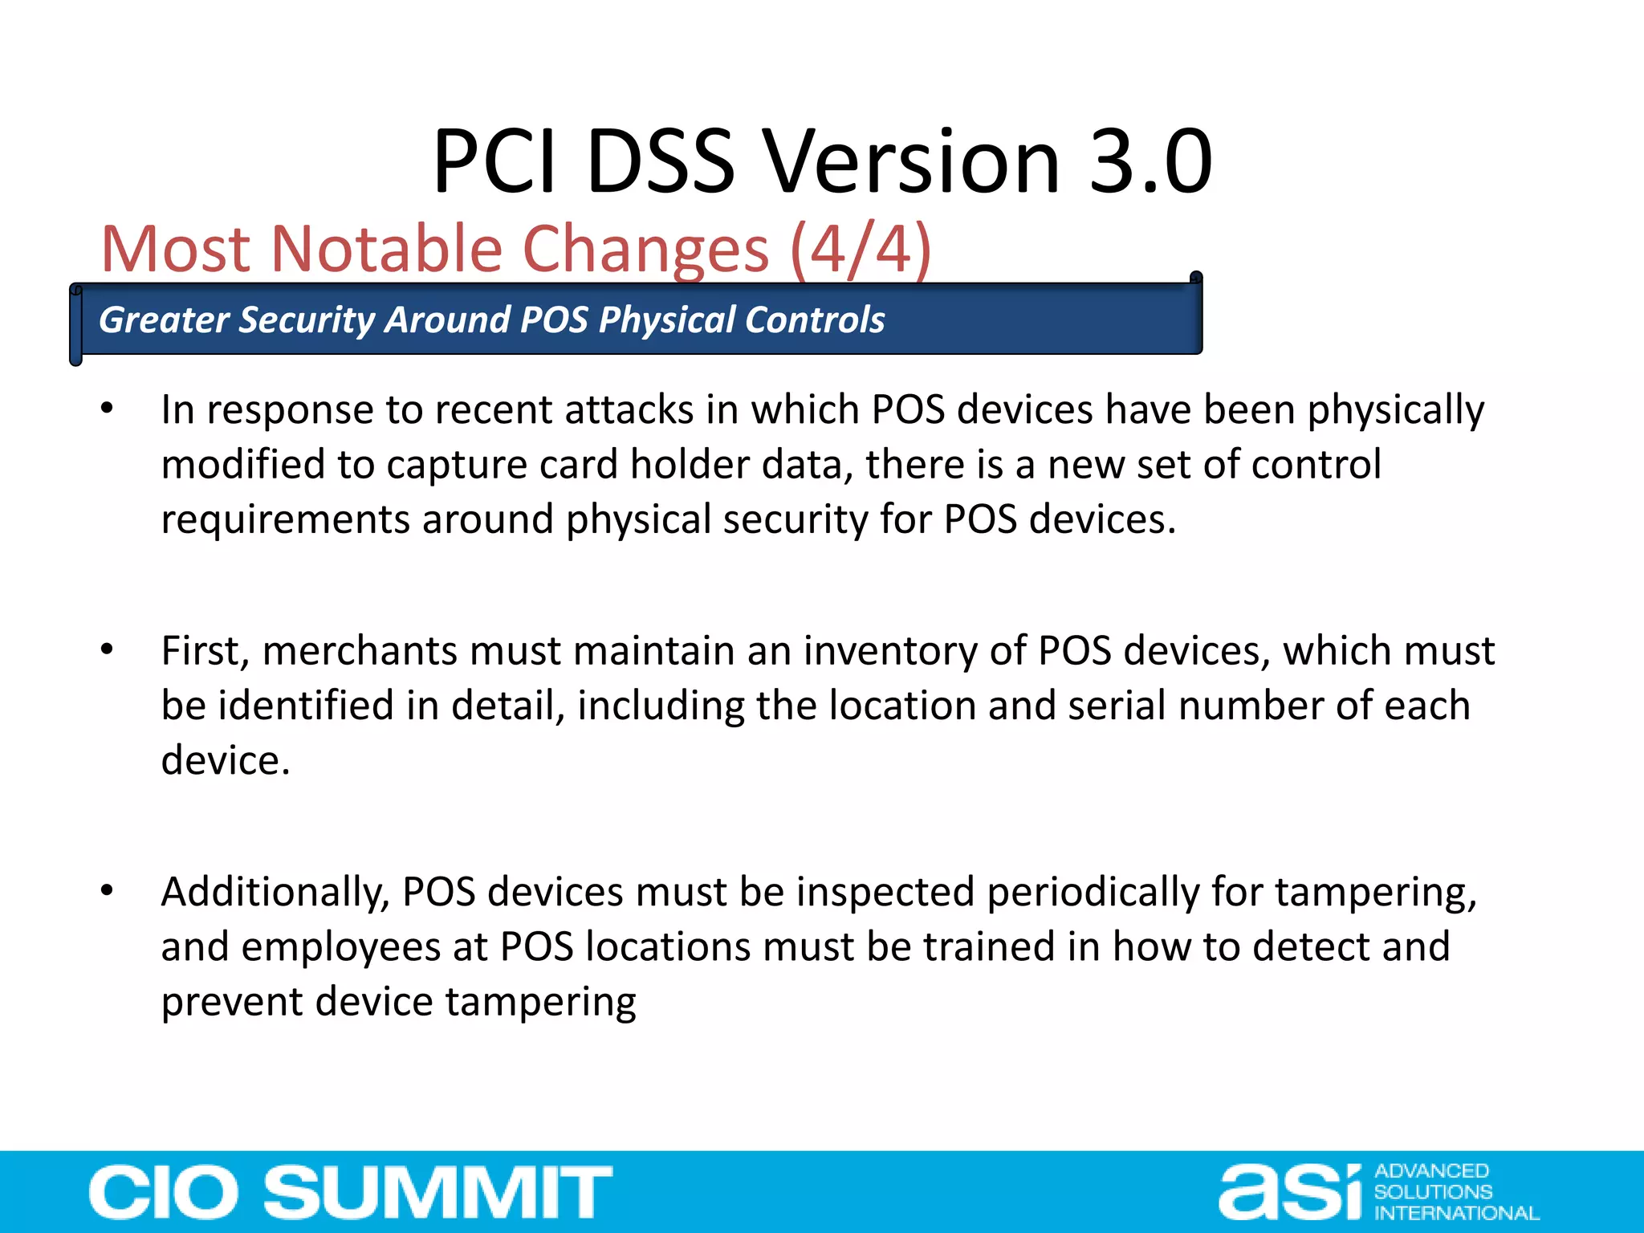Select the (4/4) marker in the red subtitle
[861, 250]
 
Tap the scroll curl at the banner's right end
[1195, 279]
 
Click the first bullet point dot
[107, 409]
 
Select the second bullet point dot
[107, 650]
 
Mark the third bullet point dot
[107, 891]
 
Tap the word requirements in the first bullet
[285, 520]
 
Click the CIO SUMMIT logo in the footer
[350, 1192]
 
